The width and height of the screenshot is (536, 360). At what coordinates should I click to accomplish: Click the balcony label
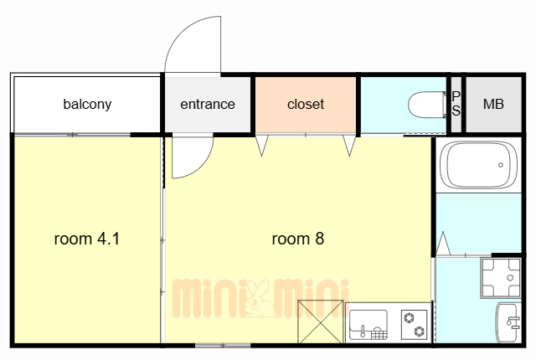tap(87, 104)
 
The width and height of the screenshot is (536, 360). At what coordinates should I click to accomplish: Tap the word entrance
tap(208, 104)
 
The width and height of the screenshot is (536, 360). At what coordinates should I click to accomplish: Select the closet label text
tap(306, 104)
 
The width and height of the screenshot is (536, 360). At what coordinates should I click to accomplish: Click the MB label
tap(493, 104)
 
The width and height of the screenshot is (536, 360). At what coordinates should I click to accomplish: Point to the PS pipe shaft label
tap(456, 104)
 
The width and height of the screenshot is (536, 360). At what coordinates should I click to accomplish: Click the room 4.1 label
tap(87, 239)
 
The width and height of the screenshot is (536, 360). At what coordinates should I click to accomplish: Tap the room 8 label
tap(298, 239)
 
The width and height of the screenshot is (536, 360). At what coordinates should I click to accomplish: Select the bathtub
tap(478, 165)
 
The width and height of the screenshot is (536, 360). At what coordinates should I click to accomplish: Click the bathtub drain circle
tap(501, 165)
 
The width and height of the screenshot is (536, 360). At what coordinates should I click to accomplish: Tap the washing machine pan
tap(501, 277)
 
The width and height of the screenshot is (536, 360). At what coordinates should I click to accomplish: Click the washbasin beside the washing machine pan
tap(508, 322)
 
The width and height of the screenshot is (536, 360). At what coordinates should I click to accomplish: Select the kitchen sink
tap(368, 324)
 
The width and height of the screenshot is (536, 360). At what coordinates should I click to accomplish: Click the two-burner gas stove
tap(414, 325)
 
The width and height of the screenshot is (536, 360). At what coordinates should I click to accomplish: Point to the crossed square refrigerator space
tap(320, 321)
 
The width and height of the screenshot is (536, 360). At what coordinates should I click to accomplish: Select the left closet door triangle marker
tap(262, 146)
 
